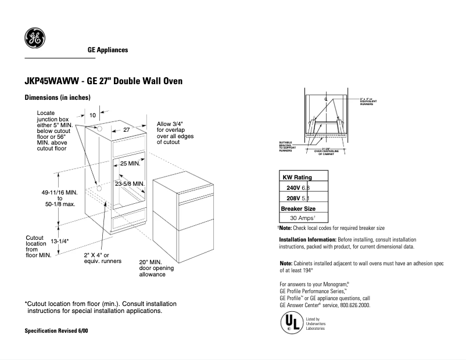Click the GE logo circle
pyautogui.click(x=34, y=38)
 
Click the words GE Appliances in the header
pyautogui.click(x=107, y=51)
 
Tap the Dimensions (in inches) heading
pyautogui.click(x=57, y=98)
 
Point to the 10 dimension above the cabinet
pyautogui.click(x=92, y=116)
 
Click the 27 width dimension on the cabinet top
pyautogui.click(x=126, y=130)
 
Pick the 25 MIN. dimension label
pyautogui.click(x=131, y=164)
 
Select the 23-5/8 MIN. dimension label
pyautogui.click(x=129, y=183)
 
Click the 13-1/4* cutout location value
pyautogui.click(x=60, y=241)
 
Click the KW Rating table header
pyautogui.click(x=297, y=177)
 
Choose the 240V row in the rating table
pyautogui.click(x=303, y=188)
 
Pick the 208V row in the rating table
pyautogui.click(x=303, y=198)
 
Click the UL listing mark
pyautogui.click(x=291, y=323)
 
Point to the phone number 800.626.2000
pyautogui.click(x=352, y=305)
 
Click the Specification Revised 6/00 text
pyautogui.click(x=56, y=330)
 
